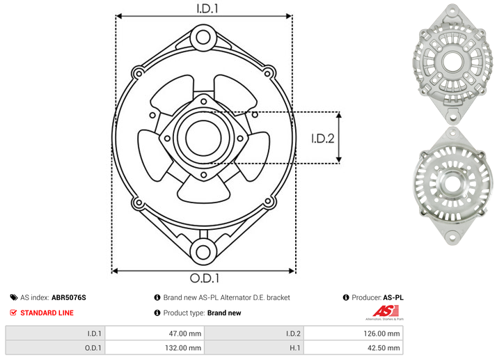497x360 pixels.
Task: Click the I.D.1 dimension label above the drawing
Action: pos(207,8)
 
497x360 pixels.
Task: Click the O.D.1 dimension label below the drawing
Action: pos(205,278)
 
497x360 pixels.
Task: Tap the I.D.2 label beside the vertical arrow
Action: pos(323,139)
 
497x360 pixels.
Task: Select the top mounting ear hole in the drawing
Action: pos(203,37)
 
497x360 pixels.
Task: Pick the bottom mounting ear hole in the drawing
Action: pos(203,252)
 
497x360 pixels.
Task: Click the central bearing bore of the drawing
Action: pos(203,138)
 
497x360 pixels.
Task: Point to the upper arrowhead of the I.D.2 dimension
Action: pos(339,115)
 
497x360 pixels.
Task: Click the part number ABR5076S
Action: pos(69,297)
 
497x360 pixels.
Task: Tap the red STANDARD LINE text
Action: pos(47,313)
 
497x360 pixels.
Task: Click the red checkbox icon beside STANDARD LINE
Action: pos(13,313)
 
